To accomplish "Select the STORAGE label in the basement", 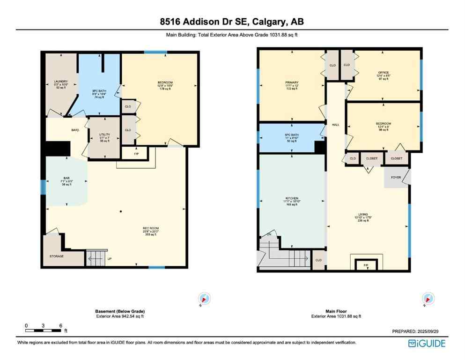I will (x=56, y=256).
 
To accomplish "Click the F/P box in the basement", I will (x=136, y=153).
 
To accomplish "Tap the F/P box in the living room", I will (x=366, y=265).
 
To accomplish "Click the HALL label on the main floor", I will (x=336, y=125).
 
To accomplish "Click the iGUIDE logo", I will (x=427, y=343).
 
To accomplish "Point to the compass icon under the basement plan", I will (x=205, y=298).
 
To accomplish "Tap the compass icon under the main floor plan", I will (x=428, y=298).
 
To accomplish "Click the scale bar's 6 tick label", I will (x=60, y=325).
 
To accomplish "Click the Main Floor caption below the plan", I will (x=336, y=311).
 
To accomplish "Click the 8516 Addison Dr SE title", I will (x=232, y=22).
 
